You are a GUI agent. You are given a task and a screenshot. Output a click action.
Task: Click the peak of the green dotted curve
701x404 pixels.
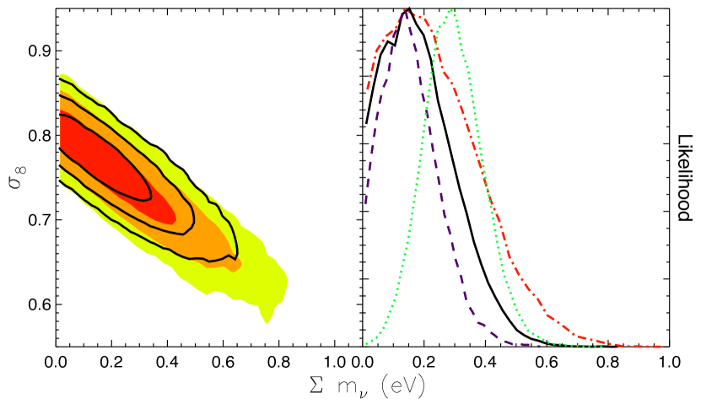pos(452,10)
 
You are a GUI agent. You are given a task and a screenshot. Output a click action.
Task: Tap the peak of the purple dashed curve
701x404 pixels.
pos(406,11)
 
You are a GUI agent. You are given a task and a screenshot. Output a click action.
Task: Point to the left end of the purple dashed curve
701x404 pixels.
pos(365,204)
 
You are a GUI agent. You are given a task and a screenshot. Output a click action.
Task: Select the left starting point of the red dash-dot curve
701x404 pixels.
pos(367,89)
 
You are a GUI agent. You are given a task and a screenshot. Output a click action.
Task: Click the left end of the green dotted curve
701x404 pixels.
pos(366,344)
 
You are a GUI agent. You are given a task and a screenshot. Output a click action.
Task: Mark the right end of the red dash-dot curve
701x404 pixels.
pos(661,347)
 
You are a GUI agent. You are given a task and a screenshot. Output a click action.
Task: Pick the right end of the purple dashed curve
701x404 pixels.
pos(539,346)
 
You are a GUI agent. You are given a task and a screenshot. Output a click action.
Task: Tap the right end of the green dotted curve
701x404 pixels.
pos(601,346)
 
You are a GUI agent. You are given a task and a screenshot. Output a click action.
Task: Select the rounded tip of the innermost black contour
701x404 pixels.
pos(151,196)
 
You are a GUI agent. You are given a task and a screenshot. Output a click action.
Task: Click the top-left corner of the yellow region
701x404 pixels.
pos(61,74)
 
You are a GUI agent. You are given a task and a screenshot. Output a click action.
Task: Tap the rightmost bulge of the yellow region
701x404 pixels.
pos(287,283)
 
